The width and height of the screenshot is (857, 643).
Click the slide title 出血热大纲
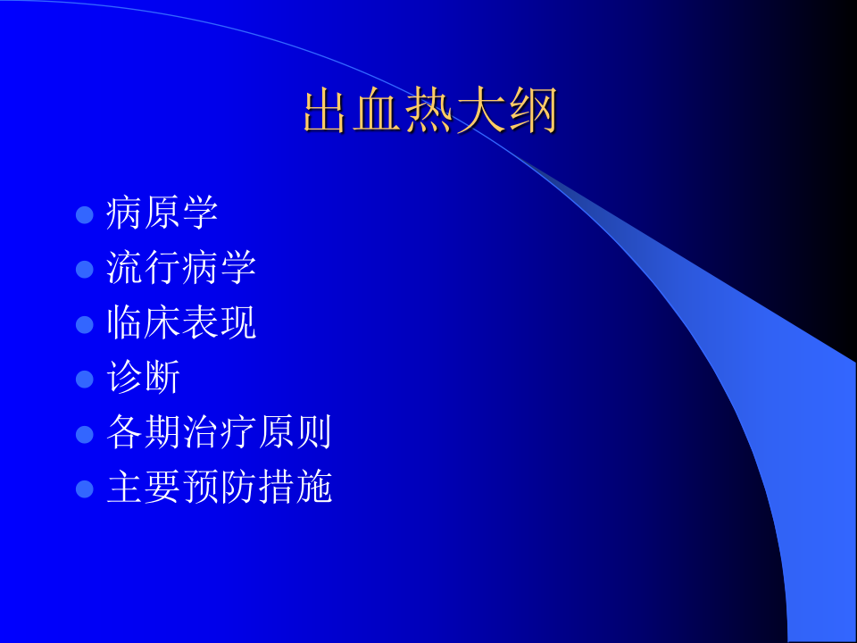(x=430, y=112)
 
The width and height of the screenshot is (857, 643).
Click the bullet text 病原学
(x=162, y=213)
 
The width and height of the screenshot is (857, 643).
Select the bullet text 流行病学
(x=181, y=268)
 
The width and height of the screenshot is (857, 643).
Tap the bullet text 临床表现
(x=181, y=323)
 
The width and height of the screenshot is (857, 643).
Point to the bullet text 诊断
(x=144, y=378)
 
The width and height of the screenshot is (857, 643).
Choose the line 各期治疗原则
(x=219, y=433)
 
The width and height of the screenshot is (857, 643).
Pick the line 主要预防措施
(x=219, y=488)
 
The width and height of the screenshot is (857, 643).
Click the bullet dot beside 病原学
(x=85, y=214)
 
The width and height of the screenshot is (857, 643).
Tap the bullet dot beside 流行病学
(x=85, y=269)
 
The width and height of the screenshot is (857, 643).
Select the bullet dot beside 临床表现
(x=85, y=324)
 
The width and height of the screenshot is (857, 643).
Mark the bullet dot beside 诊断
(x=85, y=379)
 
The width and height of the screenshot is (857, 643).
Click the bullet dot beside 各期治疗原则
(x=85, y=434)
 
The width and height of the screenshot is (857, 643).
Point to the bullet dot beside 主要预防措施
(x=85, y=489)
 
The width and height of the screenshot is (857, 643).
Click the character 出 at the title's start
(x=328, y=112)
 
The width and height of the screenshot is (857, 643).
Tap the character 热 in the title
(x=430, y=112)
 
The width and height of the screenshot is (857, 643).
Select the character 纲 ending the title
(x=533, y=112)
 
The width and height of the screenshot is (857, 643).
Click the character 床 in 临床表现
(x=162, y=323)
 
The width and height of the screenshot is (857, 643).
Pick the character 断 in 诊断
(x=162, y=378)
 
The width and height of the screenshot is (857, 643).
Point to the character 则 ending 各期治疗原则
(x=313, y=433)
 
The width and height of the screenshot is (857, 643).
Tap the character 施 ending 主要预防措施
(x=313, y=488)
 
